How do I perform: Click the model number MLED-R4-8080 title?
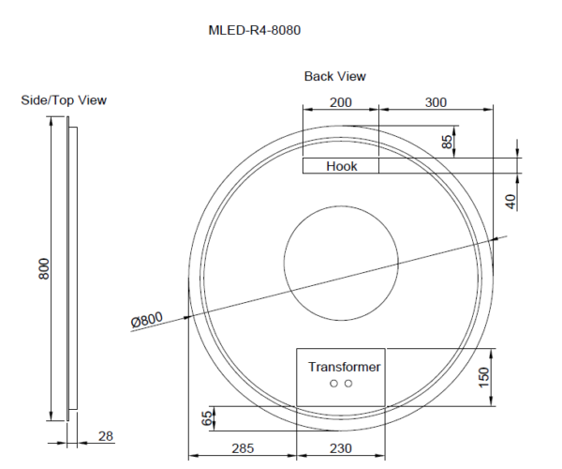coord(254,29)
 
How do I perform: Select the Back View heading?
coord(334,76)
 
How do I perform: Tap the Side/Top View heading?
coord(64,100)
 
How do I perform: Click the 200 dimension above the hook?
coord(340,101)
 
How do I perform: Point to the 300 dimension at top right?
coord(435,101)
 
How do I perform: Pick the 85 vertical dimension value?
coord(448,142)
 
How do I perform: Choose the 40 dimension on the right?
coord(510,200)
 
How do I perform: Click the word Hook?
coord(341,166)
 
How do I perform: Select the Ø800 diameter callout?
coord(147,320)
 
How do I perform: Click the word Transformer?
coord(344,367)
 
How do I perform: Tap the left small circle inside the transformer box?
coord(333,384)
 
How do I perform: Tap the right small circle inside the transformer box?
coord(348,384)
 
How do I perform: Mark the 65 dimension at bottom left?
coord(208,418)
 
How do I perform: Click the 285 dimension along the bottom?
coord(243,448)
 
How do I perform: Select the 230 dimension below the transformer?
coord(341,448)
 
